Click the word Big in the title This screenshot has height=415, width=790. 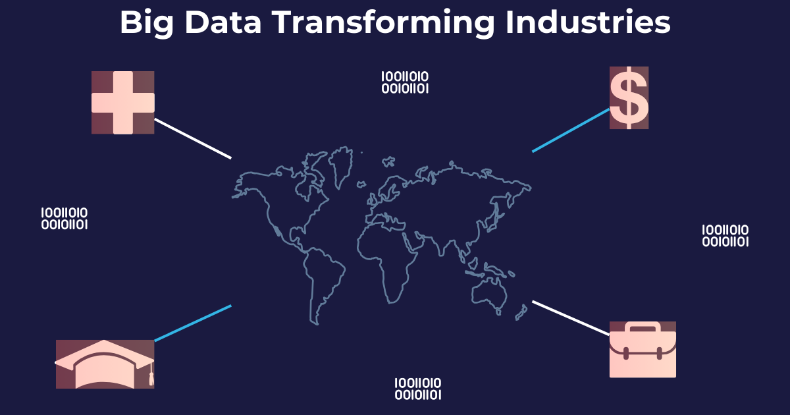pyautogui.click(x=147, y=23)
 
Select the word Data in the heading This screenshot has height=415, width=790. pyautogui.click(x=223, y=22)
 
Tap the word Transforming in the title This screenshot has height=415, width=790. pyautogui.click(x=383, y=23)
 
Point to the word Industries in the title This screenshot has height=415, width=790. pyautogui.click(x=588, y=22)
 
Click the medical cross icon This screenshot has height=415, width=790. pyautogui.click(x=122, y=102)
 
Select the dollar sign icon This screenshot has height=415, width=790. pyautogui.click(x=629, y=97)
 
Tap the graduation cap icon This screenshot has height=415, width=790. pyautogui.click(x=105, y=364)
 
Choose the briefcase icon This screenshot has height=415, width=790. pyautogui.click(x=643, y=349)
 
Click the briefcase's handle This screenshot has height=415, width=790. pyautogui.click(x=643, y=327)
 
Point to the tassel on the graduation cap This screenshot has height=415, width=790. pyautogui.click(x=151, y=375)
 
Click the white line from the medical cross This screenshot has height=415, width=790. pyautogui.click(x=193, y=139)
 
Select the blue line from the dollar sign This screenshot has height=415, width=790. pyautogui.click(x=571, y=130)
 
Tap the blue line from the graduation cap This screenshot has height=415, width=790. pyautogui.click(x=193, y=323)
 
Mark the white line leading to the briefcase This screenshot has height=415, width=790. pyautogui.click(x=571, y=318)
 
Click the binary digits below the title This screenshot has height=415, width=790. pyautogui.click(x=405, y=82)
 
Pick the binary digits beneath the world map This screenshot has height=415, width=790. pyautogui.click(x=418, y=389)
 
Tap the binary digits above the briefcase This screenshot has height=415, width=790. pyautogui.click(x=725, y=236)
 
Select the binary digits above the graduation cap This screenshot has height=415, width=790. pyautogui.click(x=65, y=219)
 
